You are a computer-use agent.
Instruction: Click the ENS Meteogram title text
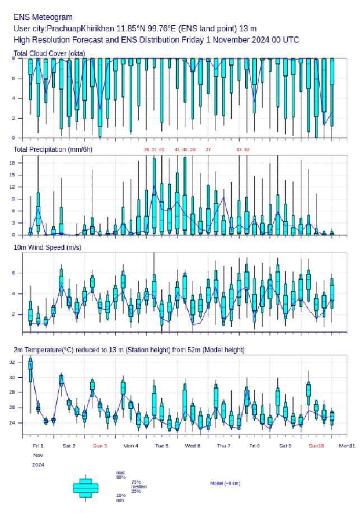43,17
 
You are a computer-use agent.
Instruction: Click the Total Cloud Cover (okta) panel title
48,53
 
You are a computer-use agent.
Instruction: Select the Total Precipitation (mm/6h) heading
53,150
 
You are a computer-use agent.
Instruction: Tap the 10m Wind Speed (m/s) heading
47,247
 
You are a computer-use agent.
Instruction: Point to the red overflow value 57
154,150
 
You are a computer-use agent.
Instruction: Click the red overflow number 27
208,150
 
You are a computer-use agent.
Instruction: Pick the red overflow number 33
239,150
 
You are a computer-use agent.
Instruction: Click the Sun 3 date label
100,446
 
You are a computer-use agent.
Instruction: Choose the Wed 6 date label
193,446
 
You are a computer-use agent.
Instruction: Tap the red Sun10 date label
316,446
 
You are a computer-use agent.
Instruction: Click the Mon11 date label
347,446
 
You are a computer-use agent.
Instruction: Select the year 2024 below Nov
38,465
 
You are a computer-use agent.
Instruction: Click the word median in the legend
139,486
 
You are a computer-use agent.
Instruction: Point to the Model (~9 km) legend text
225,483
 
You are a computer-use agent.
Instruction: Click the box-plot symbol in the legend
86,487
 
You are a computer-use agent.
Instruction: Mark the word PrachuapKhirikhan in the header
81,29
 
